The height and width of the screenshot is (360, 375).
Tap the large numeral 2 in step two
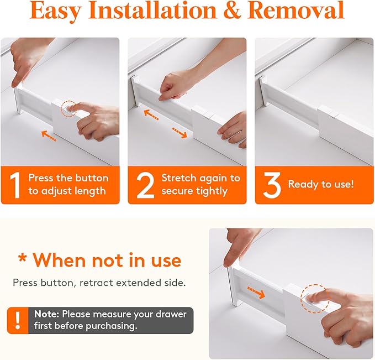[145, 185]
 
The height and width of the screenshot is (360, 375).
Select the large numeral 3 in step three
[272, 185]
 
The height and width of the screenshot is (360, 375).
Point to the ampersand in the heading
[233, 11]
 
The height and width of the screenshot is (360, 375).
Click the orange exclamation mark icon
[17, 320]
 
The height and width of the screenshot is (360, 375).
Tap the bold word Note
[46, 314]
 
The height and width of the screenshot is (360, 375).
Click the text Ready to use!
[321, 184]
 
